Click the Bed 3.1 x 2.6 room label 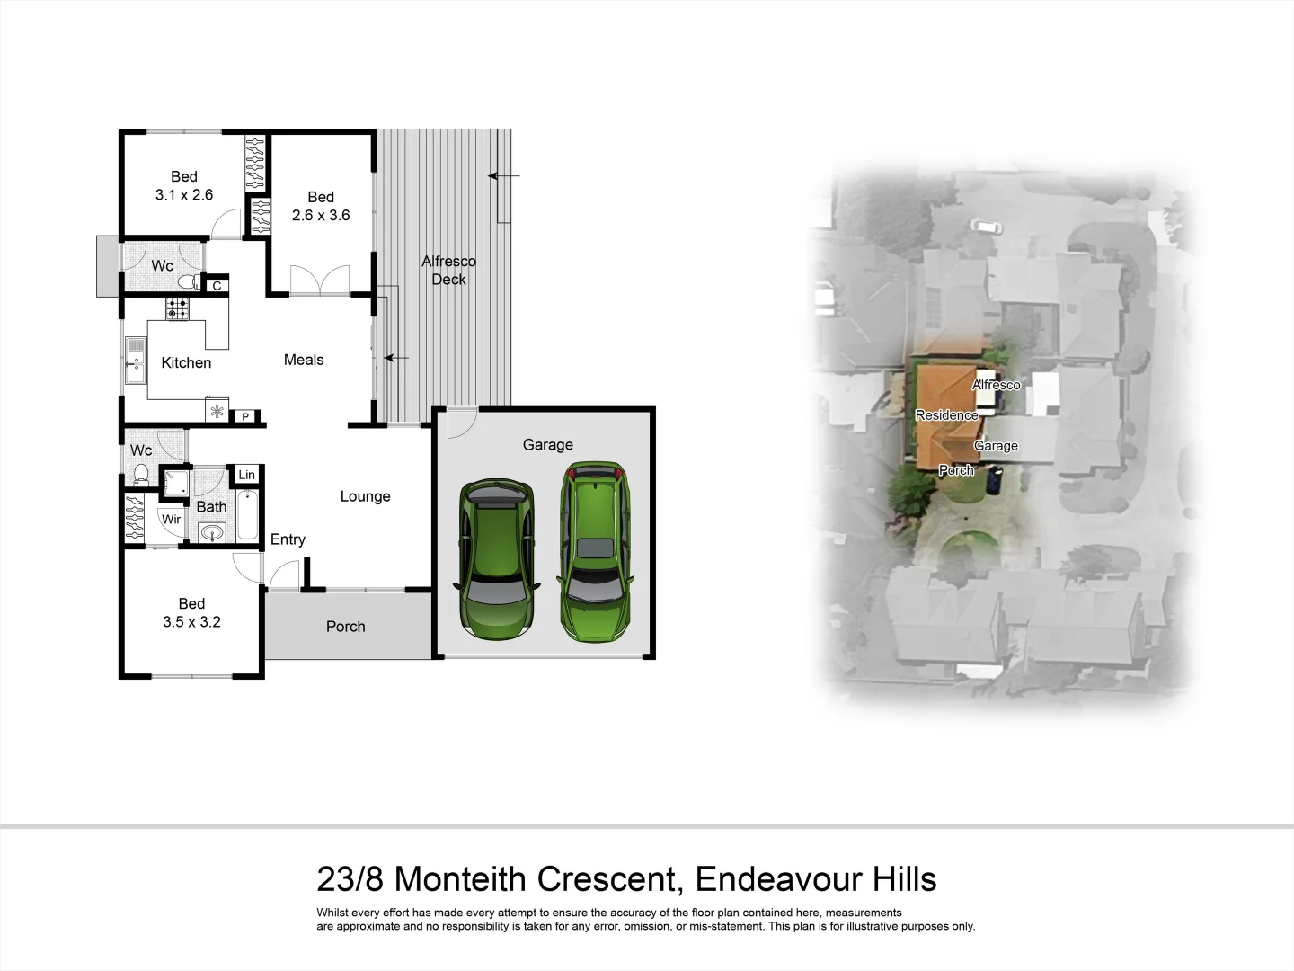pyautogui.click(x=184, y=186)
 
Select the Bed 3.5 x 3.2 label pyautogui.click(x=191, y=613)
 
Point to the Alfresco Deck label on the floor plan pyautogui.click(x=448, y=271)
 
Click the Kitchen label pyautogui.click(x=186, y=363)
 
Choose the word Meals pyautogui.click(x=304, y=360)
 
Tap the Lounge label pyautogui.click(x=365, y=496)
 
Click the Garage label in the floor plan pyautogui.click(x=547, y=445)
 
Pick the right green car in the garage pyautogui.click(x=595, y=550)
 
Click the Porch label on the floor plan pyautogui.click(x=345, y=627)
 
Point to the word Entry pyautogui.click(x=288, y=539)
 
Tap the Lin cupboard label pyautogui.click(x=246, y=475)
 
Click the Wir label pyautogui.click(x=171, y=520)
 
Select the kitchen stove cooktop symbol pyautogui.click(x=177, y=309)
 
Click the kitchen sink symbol pyautogui.click(x=136, y=360)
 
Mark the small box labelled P pyautogui.click(x=245, y=417)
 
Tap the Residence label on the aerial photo pyautogui.click(x=946, y=415)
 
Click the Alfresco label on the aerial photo pyautogui.click(x=996, y=385)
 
